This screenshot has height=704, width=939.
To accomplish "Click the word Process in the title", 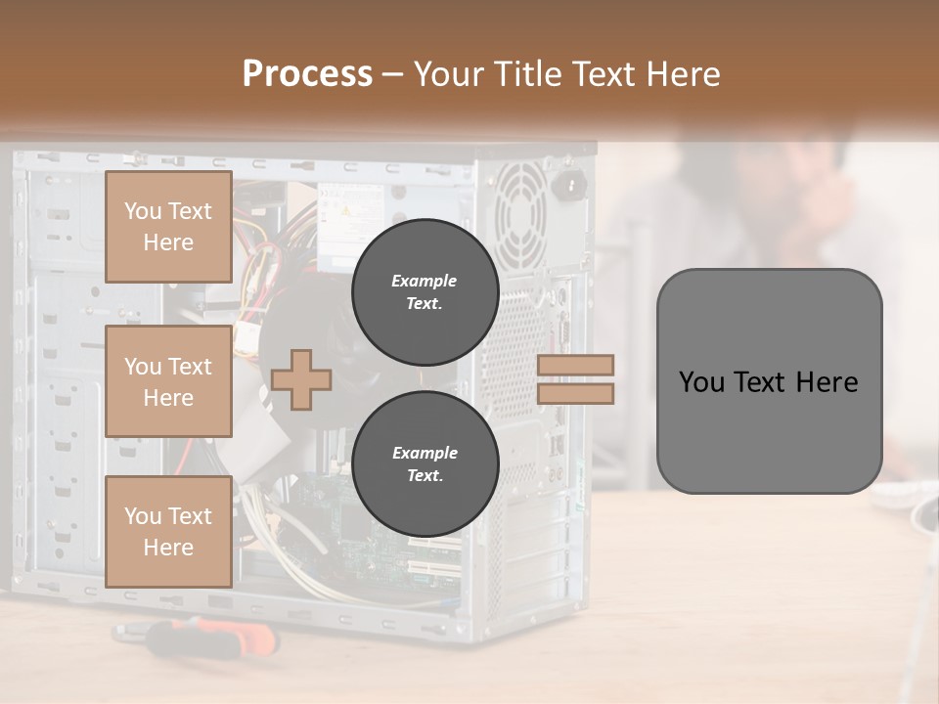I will (x=307, y=74).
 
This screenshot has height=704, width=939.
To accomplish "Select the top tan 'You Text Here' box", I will (x=168, y=227).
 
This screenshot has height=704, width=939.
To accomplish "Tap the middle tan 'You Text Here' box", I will (x=168, y=381).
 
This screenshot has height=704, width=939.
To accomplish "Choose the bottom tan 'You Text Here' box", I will (x=168, y=532).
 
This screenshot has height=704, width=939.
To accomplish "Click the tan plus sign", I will (x=301, y=379).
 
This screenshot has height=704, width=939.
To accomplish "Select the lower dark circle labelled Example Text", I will (x=425, y=464).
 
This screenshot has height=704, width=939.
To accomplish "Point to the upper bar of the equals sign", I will (x=576, y=365).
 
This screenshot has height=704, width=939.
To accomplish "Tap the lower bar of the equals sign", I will (x=576, y=393).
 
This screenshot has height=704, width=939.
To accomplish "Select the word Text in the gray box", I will (x=760, y=381).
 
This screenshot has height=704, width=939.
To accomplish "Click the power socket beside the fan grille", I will (x=569, y=183).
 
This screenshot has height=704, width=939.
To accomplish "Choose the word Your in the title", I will (x=448, y=74).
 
